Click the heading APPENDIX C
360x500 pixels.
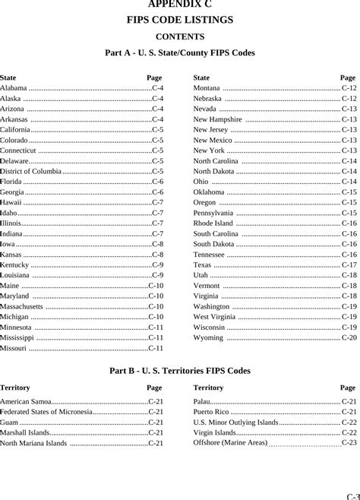(x=180, y=5)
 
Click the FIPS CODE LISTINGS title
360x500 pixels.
(x=180, y=20)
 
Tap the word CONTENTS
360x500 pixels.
(x=180, y=36)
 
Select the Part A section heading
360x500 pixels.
(x=180, y=53)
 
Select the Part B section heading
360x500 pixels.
(x=180, y=371)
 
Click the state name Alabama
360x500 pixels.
(x=14, y=88)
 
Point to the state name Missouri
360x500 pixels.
(x=14, y=347)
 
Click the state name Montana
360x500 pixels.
(x=207, y=88)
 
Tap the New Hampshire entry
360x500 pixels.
(x=218, y=119)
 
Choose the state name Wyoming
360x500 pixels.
(x=208, y=337)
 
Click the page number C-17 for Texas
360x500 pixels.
(x=349, y=264)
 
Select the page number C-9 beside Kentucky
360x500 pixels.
(x=157, y=264)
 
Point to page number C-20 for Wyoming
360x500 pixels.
(x=349, y=337)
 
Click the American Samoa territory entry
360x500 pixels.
(x=26, y=401)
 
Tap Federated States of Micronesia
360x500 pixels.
(x=46, y=412)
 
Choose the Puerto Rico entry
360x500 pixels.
(x=210, y=412)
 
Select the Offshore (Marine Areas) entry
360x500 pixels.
(x=230, y=442)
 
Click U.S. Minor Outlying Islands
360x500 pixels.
(x=235, y=422)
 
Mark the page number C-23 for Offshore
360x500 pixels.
(x=349, y=442)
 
